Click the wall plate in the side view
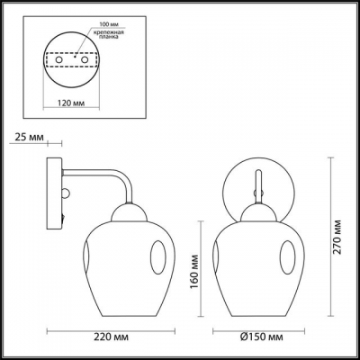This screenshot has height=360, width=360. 53,197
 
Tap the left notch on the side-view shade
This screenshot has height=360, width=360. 93,258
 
